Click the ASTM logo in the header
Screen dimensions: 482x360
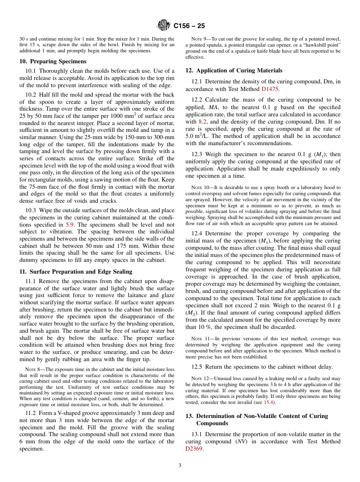click(x=164, y=26)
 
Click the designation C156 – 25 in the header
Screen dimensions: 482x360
click(x=189, y=26)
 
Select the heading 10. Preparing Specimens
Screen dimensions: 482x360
click(x=53, y=61)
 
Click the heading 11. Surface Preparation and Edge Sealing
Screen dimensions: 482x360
click(x=76, y=271)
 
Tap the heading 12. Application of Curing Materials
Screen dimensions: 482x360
click(x=234, y=70)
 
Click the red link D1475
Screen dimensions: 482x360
click(x=270, y=89)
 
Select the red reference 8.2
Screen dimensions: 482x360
click(x=203, y=122)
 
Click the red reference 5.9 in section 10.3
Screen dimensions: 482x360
click(x=70, y=224)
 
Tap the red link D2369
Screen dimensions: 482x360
click(x=194, y=448)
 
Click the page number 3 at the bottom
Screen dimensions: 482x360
click(x=180, y=465)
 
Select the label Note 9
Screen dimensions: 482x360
click(x=199, y=39)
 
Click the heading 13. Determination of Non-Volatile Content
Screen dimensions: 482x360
click(x=257, y=416)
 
